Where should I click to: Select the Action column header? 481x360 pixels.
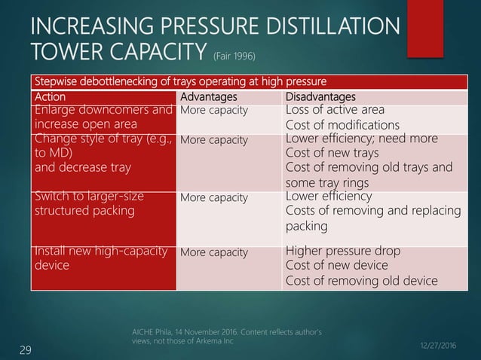coord(50,97)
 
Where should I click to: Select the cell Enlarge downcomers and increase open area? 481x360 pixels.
coord(100,118)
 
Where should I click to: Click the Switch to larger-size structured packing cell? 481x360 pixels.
coord(100,204)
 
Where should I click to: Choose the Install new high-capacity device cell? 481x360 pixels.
coord(100,259)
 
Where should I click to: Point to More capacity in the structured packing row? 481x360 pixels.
coord(213,198)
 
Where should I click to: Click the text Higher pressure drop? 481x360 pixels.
coord(346,252)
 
